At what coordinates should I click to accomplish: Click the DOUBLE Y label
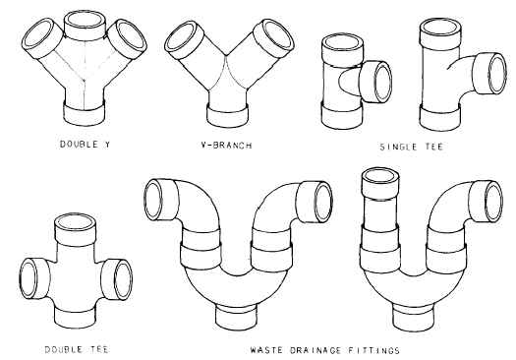85,145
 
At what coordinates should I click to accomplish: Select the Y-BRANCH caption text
226,146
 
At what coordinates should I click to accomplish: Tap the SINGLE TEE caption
412,147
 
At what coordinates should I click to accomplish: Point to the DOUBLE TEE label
77,349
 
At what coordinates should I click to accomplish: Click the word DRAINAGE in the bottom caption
315,350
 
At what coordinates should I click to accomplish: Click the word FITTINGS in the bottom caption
374,350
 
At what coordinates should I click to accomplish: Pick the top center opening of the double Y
86,21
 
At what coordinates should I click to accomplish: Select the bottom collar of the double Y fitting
85,113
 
